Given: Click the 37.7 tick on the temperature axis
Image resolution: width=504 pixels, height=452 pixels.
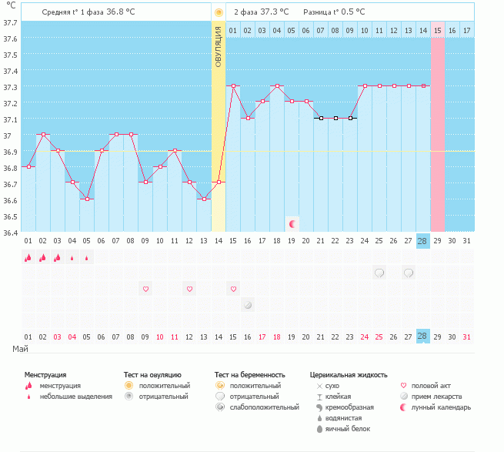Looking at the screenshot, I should coord(10,22).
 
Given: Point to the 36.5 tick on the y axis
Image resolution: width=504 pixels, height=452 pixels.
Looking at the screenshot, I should coord(10,216).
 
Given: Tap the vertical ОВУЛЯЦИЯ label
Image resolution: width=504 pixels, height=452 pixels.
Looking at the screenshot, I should coord(219,46).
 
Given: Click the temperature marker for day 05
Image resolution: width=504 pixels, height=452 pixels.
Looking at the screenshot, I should coord(87,199).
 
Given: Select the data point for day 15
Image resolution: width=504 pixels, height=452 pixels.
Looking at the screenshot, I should coord(233,86).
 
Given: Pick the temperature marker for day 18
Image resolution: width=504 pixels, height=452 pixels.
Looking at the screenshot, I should coord(277,86).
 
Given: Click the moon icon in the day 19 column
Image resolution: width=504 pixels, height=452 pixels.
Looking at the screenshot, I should coord(292,223).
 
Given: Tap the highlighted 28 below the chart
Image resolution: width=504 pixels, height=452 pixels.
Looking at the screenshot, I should coord(422,336).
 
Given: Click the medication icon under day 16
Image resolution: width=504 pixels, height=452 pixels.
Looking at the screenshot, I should coord(248,304).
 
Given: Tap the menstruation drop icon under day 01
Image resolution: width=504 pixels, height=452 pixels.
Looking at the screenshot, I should coord(28,258).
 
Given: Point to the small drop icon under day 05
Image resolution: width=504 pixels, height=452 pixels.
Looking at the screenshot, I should coord(87,258).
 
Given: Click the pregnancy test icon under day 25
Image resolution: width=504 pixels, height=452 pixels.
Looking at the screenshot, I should coord(379,273).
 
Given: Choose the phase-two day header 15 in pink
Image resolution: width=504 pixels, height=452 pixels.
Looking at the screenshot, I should coord(437,30).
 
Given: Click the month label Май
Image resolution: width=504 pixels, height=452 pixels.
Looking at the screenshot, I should coord(21,350).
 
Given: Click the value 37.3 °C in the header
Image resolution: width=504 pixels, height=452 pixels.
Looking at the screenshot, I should coord(275,12).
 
